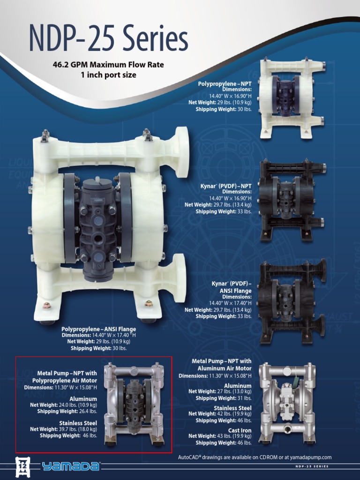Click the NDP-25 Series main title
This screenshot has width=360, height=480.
108,39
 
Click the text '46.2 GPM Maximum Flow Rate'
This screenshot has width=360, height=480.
108,65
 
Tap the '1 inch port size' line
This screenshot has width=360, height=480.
108,75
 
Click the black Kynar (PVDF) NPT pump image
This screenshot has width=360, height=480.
292,200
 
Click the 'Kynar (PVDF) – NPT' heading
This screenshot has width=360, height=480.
225,186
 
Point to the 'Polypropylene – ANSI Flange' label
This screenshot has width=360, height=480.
98,329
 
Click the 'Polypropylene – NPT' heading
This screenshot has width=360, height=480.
225,83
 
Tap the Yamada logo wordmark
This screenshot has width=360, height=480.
70,466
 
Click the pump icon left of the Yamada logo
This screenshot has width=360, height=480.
22,466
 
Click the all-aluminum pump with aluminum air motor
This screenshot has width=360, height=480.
287,403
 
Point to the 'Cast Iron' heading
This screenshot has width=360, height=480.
240,430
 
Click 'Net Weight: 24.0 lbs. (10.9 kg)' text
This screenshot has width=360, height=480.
63,405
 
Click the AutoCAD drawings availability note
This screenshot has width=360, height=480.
255,457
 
